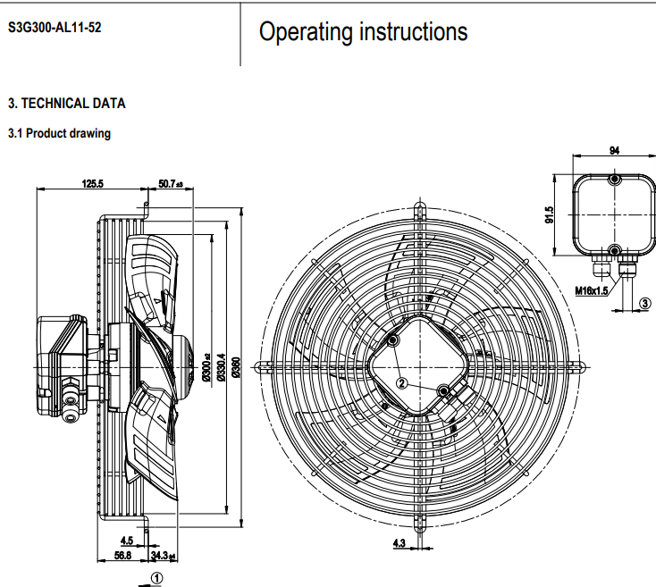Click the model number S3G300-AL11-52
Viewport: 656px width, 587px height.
(55, 27)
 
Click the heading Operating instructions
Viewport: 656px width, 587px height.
(363, 32)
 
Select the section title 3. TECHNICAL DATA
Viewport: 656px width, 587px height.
(67, 104)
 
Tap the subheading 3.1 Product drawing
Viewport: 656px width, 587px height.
(59, 134)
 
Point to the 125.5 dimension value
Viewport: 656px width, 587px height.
(93, 183)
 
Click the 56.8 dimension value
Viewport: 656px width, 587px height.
(123, 555)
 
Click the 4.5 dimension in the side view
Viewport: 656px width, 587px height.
(127, 541)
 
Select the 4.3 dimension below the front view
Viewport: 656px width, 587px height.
(399, 542)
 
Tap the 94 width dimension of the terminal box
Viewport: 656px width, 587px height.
(614, 151)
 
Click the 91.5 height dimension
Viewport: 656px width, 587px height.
(550, 216)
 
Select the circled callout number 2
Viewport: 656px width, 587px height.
(401, 382)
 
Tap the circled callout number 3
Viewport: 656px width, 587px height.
(644, 304)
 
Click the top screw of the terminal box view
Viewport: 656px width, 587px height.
(614, 180)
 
